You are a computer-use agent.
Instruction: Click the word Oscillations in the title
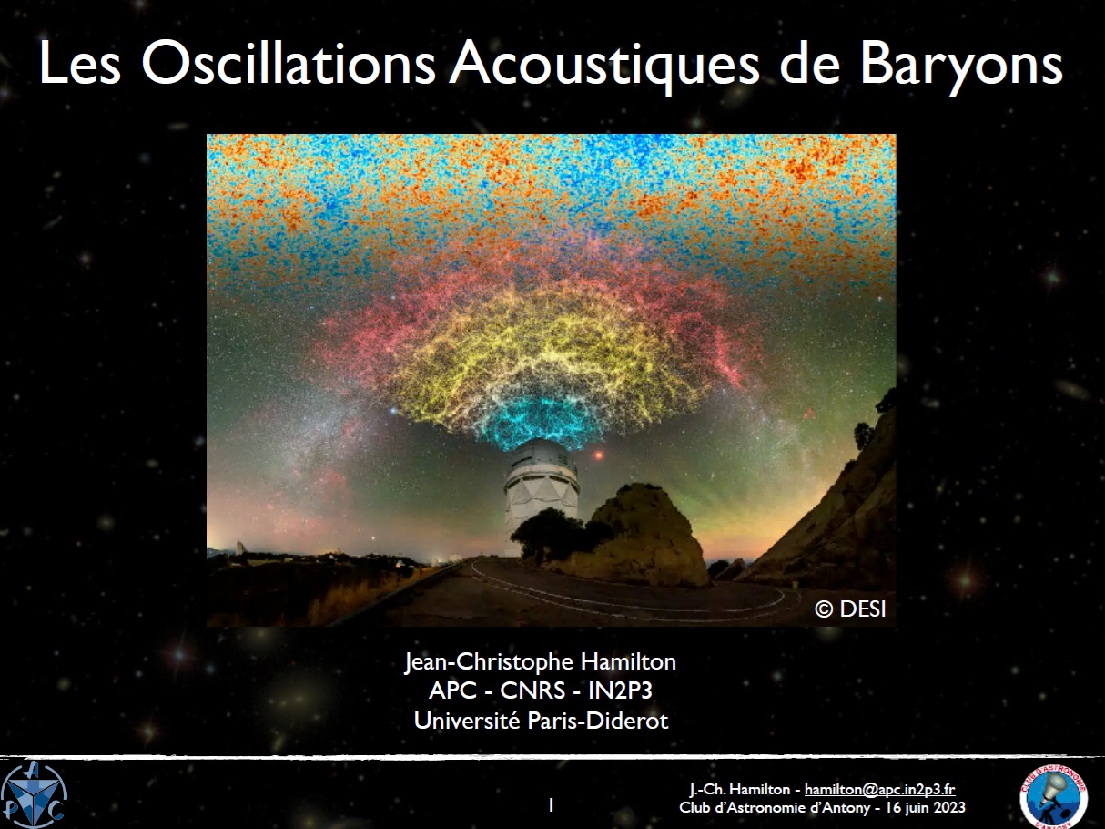(289, 64)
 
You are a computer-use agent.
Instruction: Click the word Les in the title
(80, 64)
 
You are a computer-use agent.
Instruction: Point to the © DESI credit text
(850, 609)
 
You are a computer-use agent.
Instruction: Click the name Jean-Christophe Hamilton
(541, 661)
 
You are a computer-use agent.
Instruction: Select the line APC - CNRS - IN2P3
(541, 691)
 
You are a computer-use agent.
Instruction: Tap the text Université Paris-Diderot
(541, 721)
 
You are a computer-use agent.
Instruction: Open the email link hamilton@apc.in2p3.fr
(880, 789)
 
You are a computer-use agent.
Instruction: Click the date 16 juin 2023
(926, 807)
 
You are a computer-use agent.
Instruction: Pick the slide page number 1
(552, 805)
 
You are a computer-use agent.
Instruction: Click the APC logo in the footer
(34, 796)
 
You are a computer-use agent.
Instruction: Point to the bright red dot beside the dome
(599, 455)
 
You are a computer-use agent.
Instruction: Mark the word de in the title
(809, 64)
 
